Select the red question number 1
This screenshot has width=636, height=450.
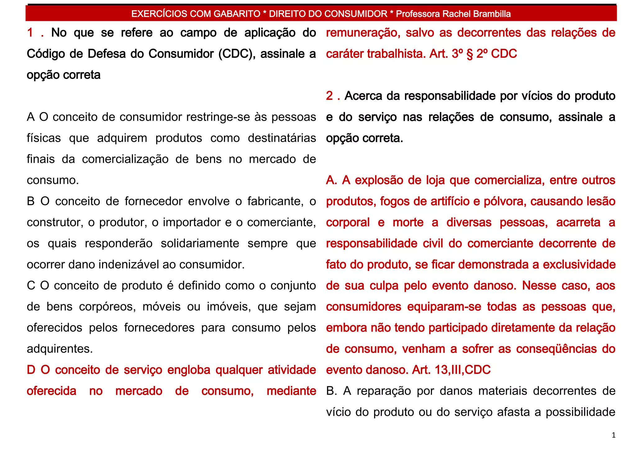coord(30,33)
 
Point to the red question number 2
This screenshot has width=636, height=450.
coord(329,96)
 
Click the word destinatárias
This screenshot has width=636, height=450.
coord(282,138)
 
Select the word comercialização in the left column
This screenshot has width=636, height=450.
coord(125,159)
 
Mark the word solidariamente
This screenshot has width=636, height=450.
coord(200,243)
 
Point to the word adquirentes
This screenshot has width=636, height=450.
coord(60,349)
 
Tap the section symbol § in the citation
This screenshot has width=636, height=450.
coord(470,54)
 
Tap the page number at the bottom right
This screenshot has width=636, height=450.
coord(613,435)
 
